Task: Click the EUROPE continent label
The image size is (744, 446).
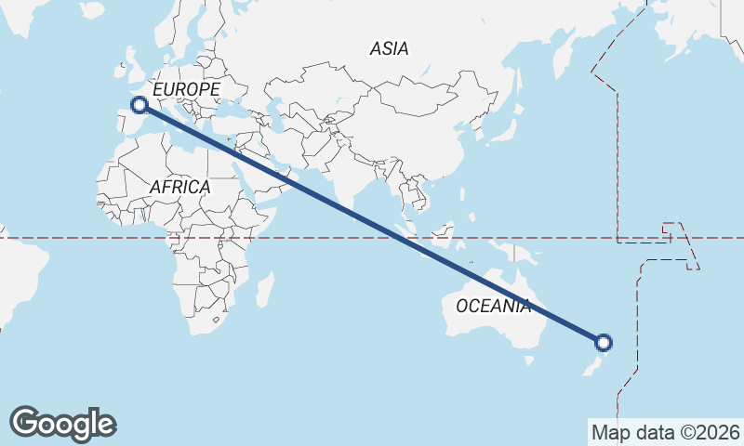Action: point(186,89)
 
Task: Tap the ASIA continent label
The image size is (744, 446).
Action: point(389,48)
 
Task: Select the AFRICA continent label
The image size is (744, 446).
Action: point(180,187)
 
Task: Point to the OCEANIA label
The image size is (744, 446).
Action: point(493,305)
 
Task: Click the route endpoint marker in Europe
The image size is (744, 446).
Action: point(139,105)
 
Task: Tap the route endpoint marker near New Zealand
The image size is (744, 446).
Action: point(604,343)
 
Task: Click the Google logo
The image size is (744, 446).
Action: point(62,424)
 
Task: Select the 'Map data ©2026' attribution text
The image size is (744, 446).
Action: point(665,432)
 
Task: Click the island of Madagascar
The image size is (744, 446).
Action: point(265,288)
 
